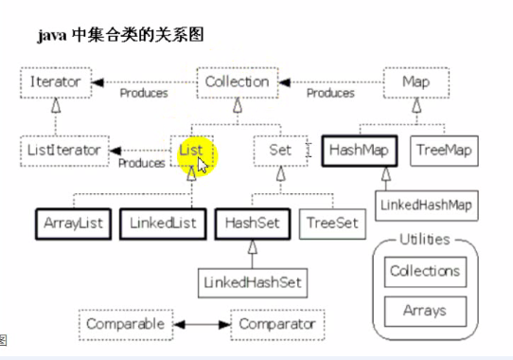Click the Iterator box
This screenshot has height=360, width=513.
[x=56, y=82]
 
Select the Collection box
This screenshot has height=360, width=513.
[x=237, y=82]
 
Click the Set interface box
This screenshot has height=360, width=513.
[x=279, y=150]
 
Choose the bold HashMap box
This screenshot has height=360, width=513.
[x=360, y=150]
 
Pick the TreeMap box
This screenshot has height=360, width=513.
[x=442, y=150]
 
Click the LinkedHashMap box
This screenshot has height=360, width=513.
[x=424, y=204]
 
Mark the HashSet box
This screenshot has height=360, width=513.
[x=250, y=224]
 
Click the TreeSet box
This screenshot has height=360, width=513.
[x=331, y=224]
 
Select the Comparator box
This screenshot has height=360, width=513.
[x=276, y=324]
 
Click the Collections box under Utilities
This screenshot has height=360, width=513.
[x=425, y=271]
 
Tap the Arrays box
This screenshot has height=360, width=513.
[x=425, y=310]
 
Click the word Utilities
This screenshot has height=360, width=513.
[x=424, y=240]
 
